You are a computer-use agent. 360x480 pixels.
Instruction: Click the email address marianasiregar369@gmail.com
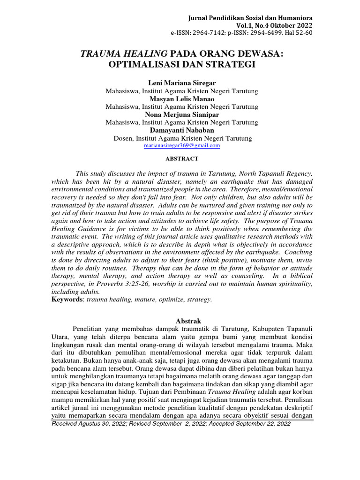pos(181,146)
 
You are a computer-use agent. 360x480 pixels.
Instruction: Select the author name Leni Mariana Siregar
pos(181,83)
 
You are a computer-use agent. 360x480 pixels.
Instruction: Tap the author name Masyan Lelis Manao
pos(181,99)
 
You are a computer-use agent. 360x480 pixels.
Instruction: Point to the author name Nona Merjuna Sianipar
pos(181,114)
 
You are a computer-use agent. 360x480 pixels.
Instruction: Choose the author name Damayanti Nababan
pos(181,130)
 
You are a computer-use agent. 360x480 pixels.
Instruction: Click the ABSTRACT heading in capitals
pos(182,159)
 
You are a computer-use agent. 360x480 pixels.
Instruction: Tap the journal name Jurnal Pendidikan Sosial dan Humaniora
pos(250,17)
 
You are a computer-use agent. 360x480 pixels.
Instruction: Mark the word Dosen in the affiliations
pos(123,138)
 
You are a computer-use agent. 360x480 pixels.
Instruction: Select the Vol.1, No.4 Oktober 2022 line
pos(276,25)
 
